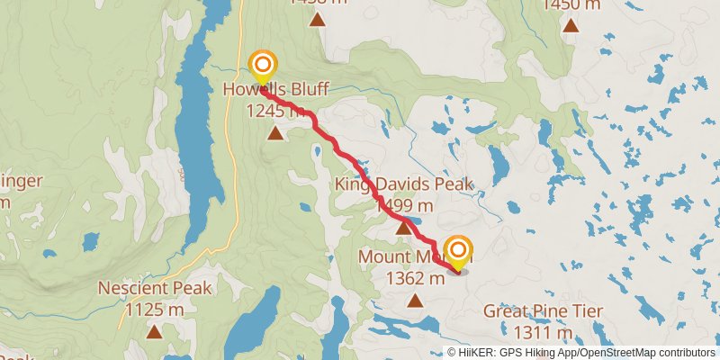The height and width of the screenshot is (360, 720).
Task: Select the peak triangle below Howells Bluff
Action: (274, 133)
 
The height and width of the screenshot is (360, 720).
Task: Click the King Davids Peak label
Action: (403, 185)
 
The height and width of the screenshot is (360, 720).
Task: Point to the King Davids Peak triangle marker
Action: (404, 229)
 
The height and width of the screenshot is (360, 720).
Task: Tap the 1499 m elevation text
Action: (403, 206)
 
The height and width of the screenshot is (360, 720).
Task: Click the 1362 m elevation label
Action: (415, 278)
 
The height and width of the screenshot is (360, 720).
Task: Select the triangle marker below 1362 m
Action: (415, 300)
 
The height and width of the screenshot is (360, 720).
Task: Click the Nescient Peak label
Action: (155, 289)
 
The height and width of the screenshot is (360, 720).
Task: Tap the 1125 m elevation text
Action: (154, 310)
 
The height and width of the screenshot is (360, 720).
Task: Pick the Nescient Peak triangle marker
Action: (155, 332)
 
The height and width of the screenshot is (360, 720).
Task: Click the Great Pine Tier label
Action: (543, 311)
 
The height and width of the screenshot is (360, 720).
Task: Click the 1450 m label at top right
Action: (571, 4)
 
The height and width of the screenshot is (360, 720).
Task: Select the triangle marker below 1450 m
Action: (571, 25)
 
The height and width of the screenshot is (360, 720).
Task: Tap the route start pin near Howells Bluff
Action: (262, 67)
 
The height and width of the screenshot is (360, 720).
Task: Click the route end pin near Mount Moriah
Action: (458, 251)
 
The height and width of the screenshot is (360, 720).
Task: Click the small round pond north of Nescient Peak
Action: (90, 242)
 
